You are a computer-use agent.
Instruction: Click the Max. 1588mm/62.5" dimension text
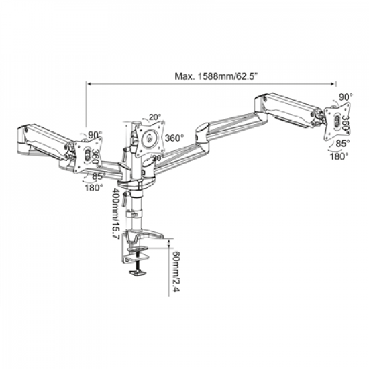coord(210,76)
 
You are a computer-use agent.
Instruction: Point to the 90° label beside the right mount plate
coord(346,97)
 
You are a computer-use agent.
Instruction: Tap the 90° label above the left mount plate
coord(93,135)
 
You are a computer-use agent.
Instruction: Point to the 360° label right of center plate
coord(176,138)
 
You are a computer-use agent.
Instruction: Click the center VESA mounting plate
coord(150,138)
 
